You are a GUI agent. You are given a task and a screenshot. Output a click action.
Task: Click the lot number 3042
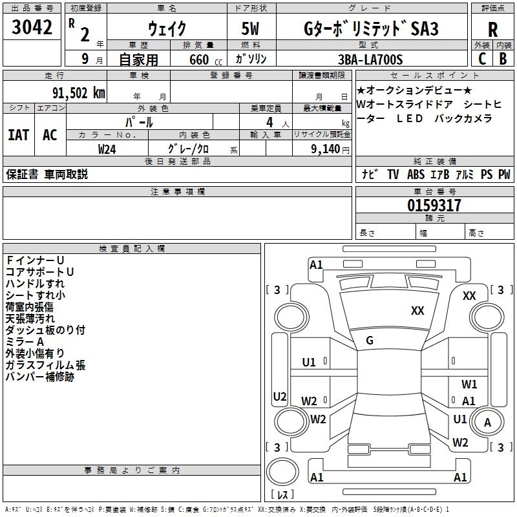32,28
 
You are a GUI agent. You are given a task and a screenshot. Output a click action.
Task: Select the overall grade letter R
492,29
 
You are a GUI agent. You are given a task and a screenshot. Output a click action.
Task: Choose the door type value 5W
251,29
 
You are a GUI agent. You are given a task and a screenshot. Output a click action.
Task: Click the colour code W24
107,149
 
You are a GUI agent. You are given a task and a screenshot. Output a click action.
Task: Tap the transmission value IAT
19,135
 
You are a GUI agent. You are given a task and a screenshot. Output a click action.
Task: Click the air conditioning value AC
50,135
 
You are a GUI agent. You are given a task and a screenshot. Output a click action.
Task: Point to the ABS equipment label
416,174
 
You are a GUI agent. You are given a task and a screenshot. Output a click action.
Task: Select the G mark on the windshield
370,340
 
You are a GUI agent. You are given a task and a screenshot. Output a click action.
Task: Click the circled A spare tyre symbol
487,423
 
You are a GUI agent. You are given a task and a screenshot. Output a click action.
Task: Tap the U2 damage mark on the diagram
280,396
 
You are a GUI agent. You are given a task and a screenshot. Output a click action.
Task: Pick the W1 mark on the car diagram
469,384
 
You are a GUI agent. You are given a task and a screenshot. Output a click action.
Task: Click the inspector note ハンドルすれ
35,284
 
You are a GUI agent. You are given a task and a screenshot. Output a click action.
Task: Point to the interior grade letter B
503,59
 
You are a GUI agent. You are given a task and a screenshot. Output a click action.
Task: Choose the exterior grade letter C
481,59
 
